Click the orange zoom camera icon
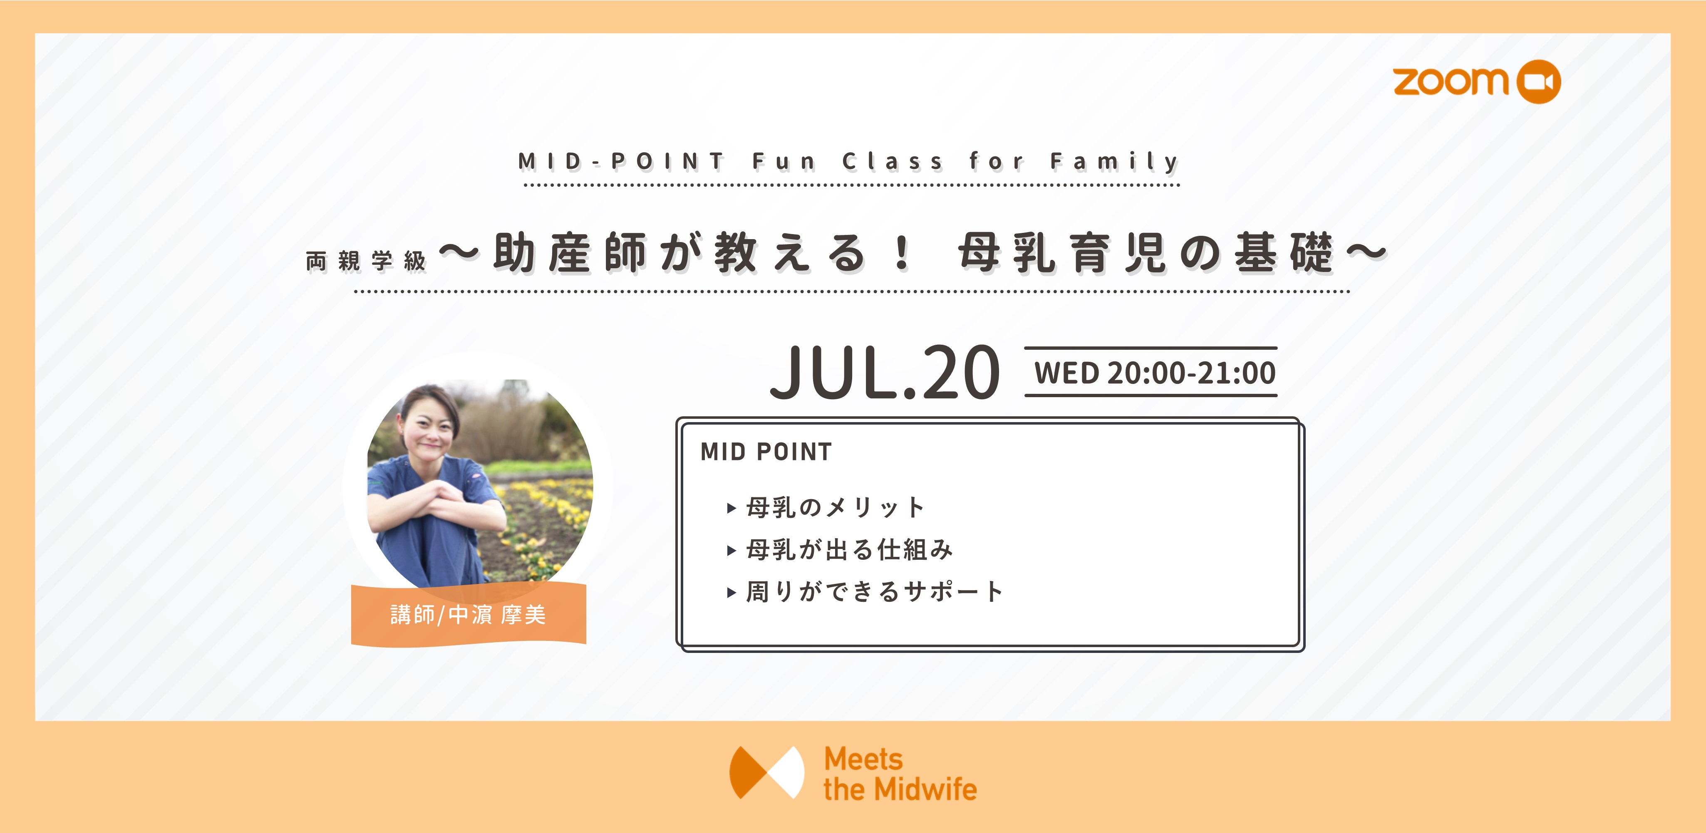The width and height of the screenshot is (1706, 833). [x=1538, y=82]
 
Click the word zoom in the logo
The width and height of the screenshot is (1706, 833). [x=1451, y=82]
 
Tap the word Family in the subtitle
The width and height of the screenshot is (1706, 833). [x=1115, y=161]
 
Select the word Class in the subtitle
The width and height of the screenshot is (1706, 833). [x=892, y=161]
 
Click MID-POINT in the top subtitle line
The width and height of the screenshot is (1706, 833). [x=621, y=161]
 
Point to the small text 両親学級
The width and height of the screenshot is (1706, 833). [x=366, y=261]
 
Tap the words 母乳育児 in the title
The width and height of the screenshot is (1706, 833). [x=1061, y=253]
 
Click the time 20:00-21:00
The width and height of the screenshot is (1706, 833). [x=1191, y=373]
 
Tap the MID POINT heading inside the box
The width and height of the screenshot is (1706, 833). [x=766, y=452]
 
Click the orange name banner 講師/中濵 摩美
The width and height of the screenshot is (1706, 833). [x=468, y=615]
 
